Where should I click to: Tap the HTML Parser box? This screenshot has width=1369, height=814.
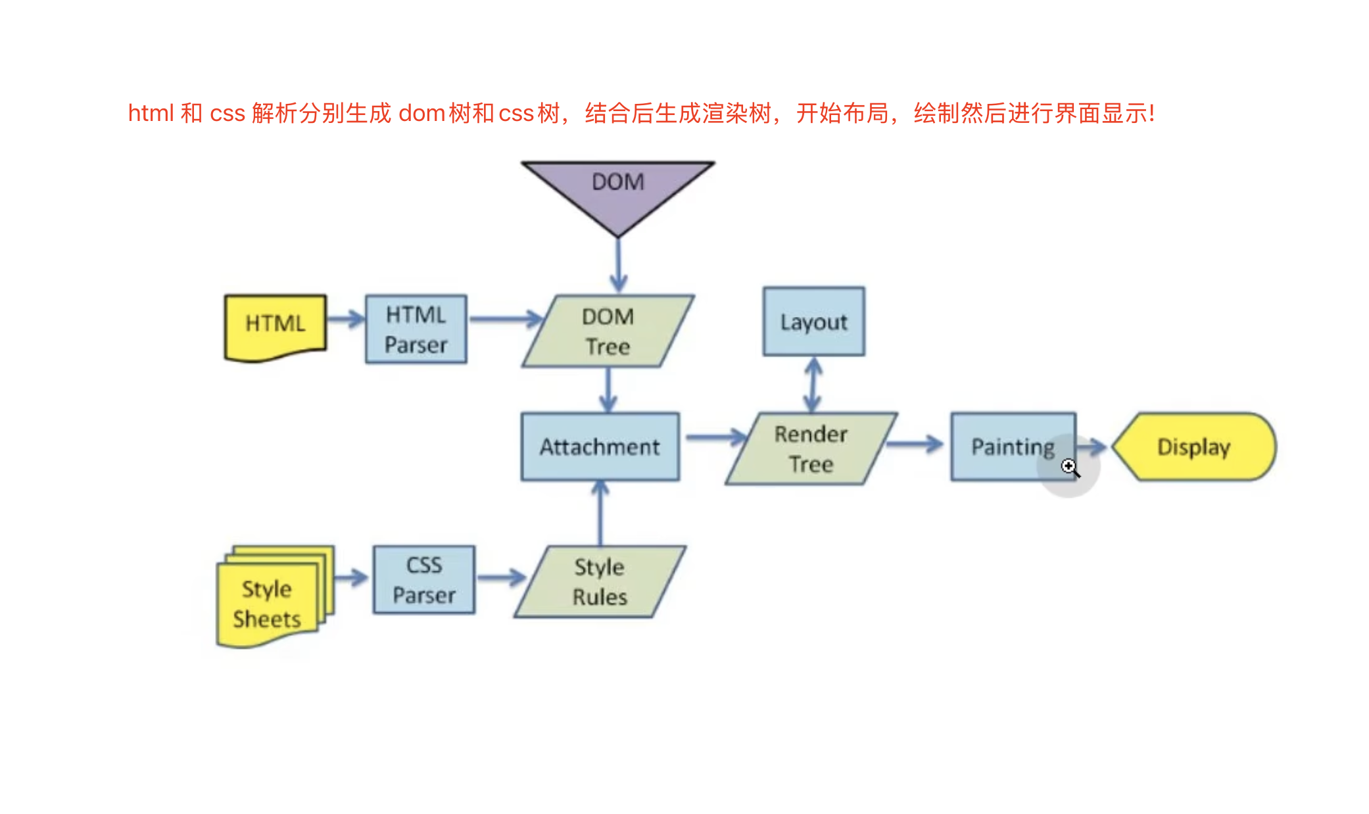(416, 329)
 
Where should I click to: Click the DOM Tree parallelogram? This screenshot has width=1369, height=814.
(608, 331)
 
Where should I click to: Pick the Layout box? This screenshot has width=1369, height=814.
(814, 322)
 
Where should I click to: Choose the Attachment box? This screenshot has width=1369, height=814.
(600, 446)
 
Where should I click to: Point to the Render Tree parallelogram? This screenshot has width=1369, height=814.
(811, 448)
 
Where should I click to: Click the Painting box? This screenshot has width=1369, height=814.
(1013, 446)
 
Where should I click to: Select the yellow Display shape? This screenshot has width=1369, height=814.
(1194, 446)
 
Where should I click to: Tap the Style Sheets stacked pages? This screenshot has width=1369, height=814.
(275, 596)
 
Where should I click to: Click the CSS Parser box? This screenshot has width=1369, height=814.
(424, 579)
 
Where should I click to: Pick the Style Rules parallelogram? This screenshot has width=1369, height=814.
(600, 582)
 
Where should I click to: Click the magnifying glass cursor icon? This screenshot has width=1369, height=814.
(1070, 467)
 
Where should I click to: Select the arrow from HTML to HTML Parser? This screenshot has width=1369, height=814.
(346, 320)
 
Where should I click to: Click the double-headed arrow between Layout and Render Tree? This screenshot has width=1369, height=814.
(813, 385)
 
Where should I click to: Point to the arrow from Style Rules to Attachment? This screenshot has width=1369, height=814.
(600, 513)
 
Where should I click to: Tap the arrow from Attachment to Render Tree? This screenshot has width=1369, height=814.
(715, 437)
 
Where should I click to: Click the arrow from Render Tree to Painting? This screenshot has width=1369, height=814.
(915, 444)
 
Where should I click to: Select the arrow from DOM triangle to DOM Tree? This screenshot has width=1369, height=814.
(618, 264)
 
